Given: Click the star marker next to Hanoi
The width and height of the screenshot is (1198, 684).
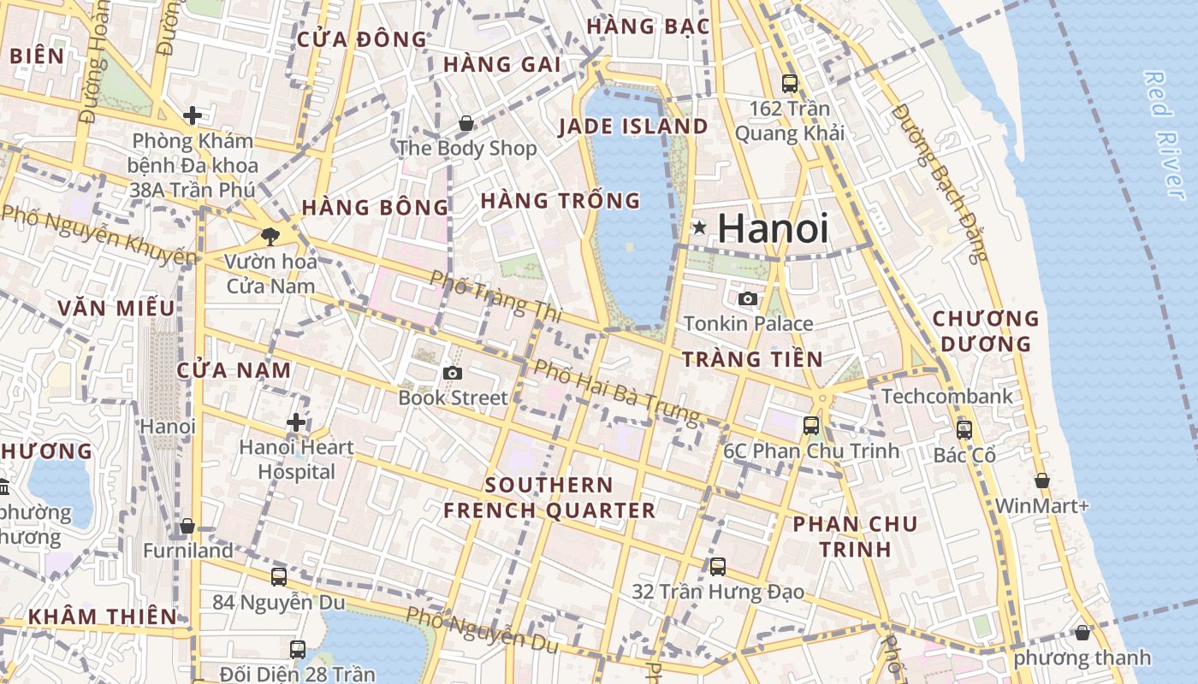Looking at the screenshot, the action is pos(699,227).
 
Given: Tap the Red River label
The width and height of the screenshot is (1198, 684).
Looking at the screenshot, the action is pos(1166,135).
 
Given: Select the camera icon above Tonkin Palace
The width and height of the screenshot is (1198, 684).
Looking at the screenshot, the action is pos(748,298).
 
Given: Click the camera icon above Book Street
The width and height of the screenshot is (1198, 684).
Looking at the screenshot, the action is pos(453,373).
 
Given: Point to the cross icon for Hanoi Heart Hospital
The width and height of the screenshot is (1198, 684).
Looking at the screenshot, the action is pos(296,422).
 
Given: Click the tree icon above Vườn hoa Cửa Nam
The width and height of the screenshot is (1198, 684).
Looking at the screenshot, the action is pos(271,237).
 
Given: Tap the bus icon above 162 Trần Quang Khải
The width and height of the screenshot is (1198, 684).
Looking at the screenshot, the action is pos(790,84).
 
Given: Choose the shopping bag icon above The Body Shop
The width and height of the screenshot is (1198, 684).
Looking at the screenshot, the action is pos(466,124).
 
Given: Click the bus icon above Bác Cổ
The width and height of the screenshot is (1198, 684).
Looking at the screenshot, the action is pos(964,430).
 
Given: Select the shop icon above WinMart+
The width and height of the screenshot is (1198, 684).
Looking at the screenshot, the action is pos(1041,481).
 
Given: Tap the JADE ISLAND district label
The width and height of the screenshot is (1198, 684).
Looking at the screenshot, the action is pos(633,127).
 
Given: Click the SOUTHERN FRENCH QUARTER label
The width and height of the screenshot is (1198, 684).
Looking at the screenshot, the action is pos(549,498).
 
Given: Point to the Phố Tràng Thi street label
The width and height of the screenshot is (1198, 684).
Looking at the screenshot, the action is pos(495,296).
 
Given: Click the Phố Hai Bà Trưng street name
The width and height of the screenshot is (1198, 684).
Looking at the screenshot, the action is pos(616,392).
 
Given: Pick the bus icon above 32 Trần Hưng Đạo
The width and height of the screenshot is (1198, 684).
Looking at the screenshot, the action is pos(718,566).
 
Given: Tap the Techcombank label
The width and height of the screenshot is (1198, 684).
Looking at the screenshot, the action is pos(946,396).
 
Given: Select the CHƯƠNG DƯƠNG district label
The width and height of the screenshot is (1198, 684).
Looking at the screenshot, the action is pos(985,331).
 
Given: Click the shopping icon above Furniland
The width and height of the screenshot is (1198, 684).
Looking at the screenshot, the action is pos(187,526).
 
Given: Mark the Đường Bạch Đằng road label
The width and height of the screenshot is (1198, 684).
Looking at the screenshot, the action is pos(940,181).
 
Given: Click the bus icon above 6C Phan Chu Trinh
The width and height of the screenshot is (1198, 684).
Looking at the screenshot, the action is pos(810,425).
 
